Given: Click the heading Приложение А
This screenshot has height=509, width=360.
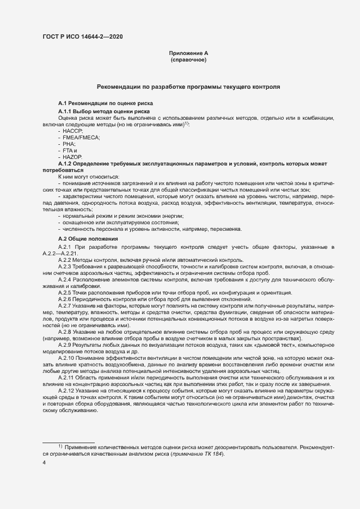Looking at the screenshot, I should coord(188,53).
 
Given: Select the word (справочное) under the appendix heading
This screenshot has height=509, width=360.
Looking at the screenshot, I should coord(188,59).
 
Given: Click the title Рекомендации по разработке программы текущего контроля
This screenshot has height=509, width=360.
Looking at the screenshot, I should coord(188,87).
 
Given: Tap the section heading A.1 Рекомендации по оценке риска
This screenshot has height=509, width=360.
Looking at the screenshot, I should coord(106,103).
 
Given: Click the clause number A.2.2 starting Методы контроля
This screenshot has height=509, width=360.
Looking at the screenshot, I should coord(65,259).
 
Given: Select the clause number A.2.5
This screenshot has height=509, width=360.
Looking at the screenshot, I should coord(65,293).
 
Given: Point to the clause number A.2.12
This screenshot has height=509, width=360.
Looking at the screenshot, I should coord(66,392).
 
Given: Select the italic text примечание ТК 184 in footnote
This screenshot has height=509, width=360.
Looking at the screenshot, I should coord(197,454).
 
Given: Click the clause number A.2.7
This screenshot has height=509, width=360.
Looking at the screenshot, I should coord(65,306).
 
